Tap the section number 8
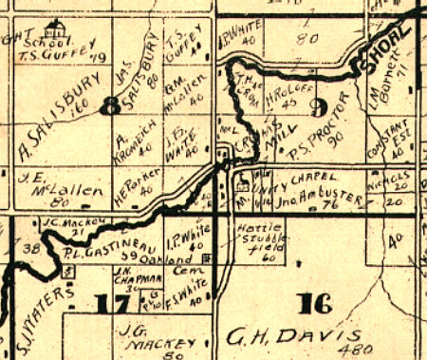tap(113, 105)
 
